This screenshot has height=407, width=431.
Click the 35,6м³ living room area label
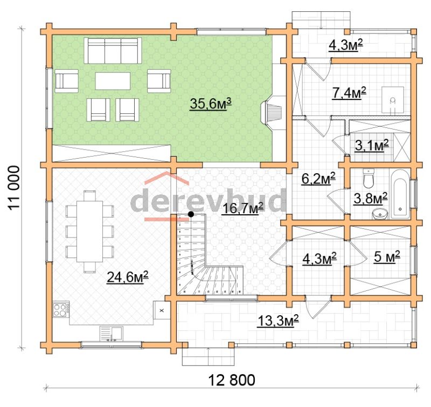[211, 104]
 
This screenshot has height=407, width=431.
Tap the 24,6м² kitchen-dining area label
[128, 277]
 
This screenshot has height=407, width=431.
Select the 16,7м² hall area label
[242, 208]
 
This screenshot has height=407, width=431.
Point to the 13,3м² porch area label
[278, 321]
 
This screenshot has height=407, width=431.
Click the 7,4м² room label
[349, 93]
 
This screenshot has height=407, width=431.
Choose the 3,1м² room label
[372, 145]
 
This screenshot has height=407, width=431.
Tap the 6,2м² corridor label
[318, 179]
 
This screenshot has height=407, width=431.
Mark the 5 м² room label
[387, 257]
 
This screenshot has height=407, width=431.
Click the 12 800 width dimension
[232, 381]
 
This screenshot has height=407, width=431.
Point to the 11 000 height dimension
[13, 188]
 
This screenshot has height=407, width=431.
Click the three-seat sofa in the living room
[113, 51]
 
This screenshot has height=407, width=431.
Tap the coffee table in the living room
[113, 80]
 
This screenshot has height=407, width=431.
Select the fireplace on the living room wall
[273, 112]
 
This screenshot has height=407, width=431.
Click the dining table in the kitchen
[89, 232]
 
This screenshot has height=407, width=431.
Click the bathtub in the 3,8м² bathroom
[400, 194]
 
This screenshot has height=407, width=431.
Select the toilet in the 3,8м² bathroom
[369, 179]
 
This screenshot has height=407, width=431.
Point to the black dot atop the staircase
[191, 214]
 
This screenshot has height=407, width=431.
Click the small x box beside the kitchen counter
[162, 310]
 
